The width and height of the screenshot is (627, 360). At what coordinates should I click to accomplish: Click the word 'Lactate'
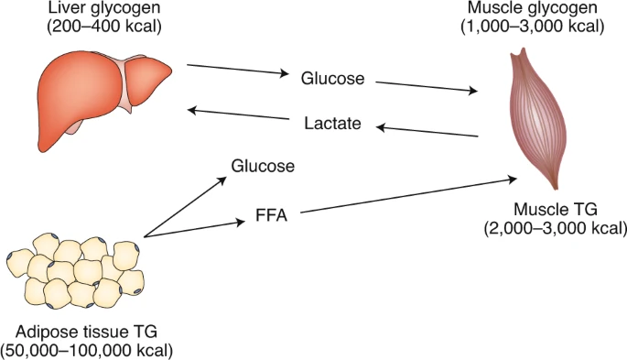(x=331, y=123)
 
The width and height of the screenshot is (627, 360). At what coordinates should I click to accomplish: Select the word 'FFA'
(x=273, y=217)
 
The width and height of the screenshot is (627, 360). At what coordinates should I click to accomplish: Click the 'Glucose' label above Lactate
(x=333, y=78)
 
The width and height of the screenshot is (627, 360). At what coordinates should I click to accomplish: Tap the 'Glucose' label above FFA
(x=263, y=166)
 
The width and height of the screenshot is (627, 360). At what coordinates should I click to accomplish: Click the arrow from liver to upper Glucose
(x=238, y=71)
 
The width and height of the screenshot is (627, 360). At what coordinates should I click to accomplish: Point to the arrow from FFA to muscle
(x=403, y=197)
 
